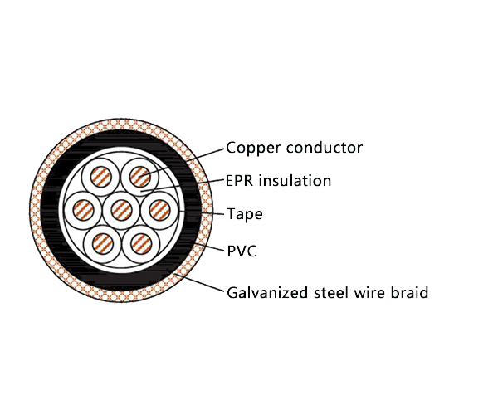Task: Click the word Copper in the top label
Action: [252, 149]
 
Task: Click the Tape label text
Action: [245, 215]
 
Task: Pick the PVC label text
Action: [242, 251]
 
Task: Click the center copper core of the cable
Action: [120, 208]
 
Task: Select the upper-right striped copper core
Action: [139, 176]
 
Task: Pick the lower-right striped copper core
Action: [139, 242]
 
